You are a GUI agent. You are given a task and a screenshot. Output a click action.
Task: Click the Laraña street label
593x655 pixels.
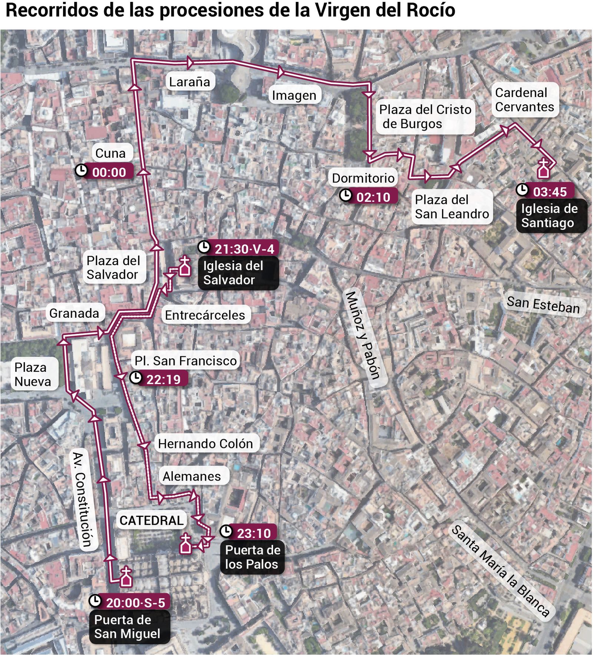(189, 82)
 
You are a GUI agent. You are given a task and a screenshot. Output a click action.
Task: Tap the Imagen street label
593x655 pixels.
(294, 96)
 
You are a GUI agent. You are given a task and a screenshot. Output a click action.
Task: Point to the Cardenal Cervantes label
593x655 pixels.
(524, 100)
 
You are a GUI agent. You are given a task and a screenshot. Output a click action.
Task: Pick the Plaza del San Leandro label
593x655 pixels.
(451, 207)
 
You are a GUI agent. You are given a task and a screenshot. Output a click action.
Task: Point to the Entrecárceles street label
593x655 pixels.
(205, 315)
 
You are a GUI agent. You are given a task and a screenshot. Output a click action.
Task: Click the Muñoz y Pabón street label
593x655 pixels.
(363, 335)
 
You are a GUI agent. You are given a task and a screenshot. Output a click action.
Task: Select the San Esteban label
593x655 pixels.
(543, 305)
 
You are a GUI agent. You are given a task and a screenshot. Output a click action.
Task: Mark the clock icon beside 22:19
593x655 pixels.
(136, 378)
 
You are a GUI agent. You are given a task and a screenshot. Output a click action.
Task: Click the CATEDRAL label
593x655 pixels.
(151, 520)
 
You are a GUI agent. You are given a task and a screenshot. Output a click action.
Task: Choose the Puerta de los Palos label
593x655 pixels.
(252, 557)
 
